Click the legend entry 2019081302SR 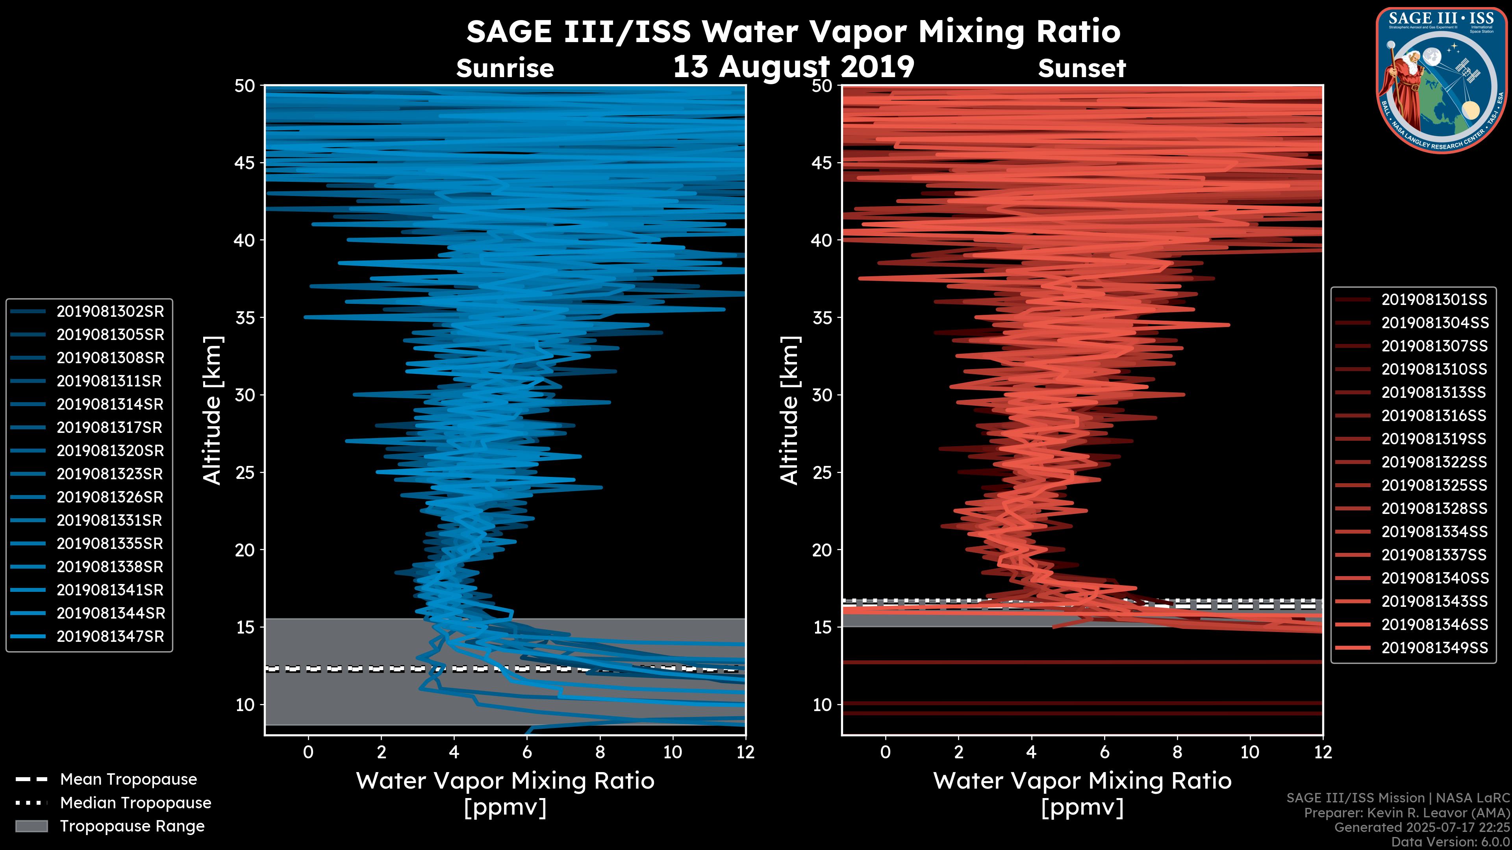coord(110,312)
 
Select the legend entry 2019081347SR coord(110,636)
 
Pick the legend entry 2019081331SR coord(110,520)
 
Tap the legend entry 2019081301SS coord(1434,300)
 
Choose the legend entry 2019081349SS coord(1434,648)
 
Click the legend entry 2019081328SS coord(1434,508)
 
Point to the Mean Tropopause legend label coord(128,780)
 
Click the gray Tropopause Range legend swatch coord(31,826)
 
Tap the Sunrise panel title coord(505,68)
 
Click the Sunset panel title coord(1082,68)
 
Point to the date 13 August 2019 coord(793,66)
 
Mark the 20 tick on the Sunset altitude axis coord(822,550)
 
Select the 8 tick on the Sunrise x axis coord(599,752)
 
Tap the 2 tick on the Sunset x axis coord(958,752)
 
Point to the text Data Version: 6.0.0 coord(1451,843)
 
